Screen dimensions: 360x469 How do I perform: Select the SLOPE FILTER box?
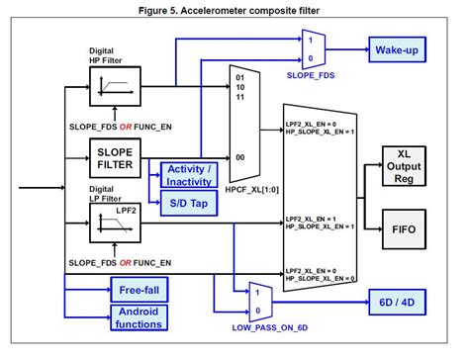(x=116, y=156)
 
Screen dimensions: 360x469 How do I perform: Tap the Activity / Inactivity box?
(x=187, y=174)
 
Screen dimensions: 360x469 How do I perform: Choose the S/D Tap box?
(x=187, y=204)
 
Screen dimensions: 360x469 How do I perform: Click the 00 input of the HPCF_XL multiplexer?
(x=238, y=156)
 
